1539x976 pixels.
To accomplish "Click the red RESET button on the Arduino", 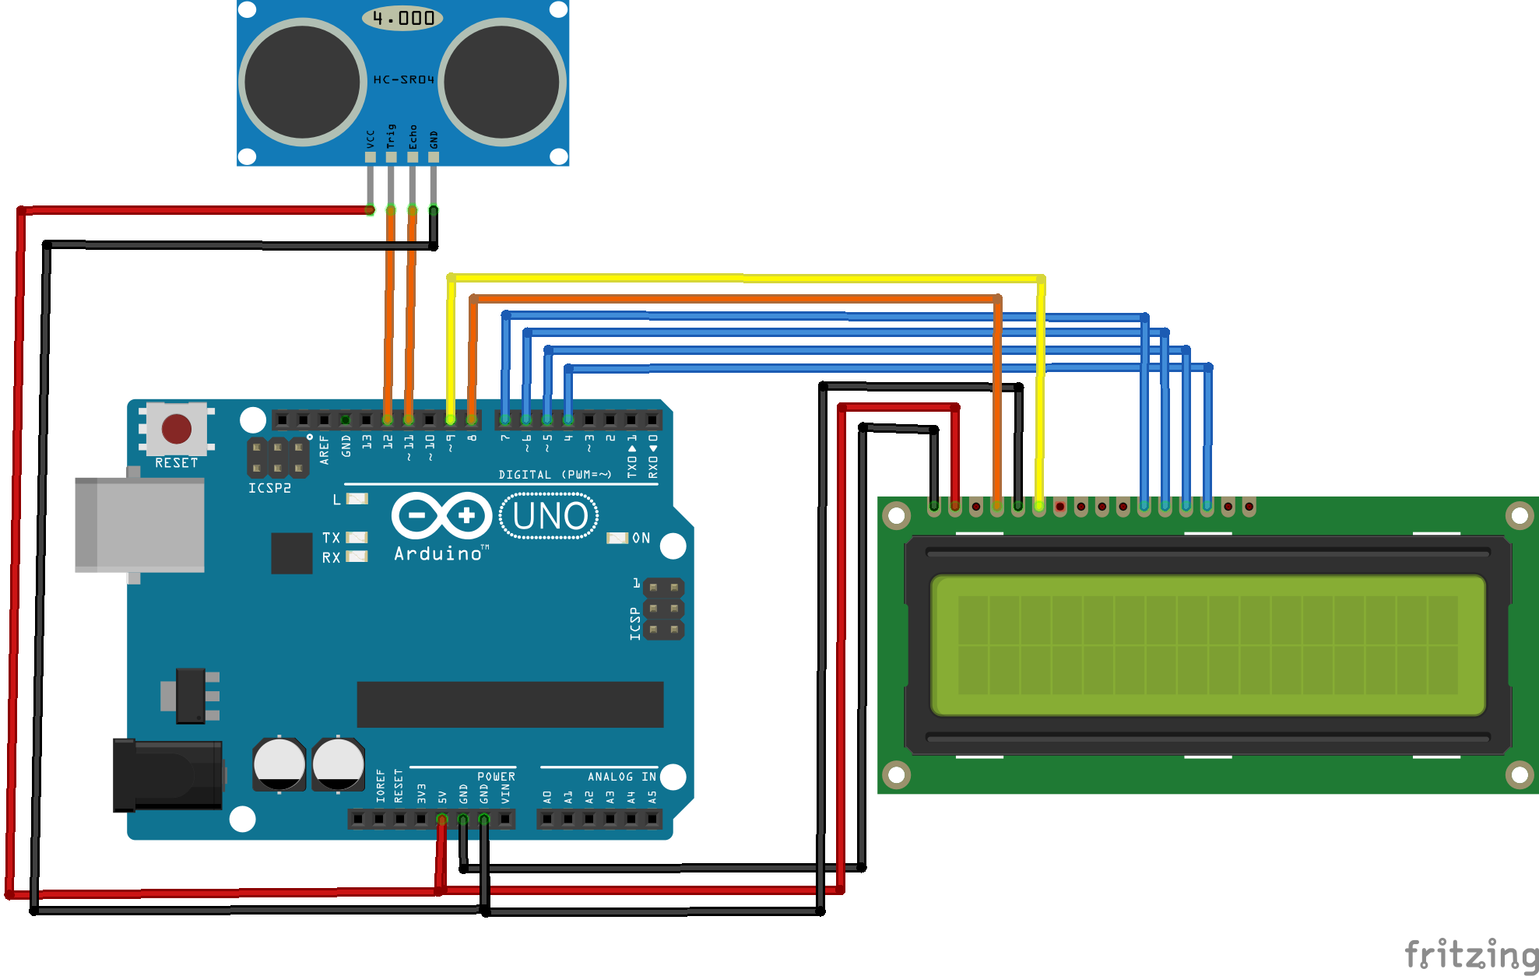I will [177, 429].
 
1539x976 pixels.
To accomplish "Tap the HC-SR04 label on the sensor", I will [403, 79].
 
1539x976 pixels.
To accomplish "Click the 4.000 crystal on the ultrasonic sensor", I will [402, 18].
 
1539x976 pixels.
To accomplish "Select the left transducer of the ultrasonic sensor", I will [303, 82].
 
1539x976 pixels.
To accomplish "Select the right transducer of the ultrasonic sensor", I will [502, 82].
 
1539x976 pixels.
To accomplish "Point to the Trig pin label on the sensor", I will [391, 136].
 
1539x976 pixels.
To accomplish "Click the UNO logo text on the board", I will [550, 516].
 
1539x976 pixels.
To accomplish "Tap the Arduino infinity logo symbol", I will [441, 515].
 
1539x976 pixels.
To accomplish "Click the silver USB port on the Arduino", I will [140, 525].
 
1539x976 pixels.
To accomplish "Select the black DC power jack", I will [168, 775].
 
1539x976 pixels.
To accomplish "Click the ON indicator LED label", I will [641, 538].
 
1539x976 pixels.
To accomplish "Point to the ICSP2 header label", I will [269, 488].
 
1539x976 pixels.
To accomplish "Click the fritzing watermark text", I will [1470, 954].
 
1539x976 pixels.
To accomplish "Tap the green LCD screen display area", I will [1207, 645].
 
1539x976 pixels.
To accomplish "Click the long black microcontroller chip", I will [510, 704].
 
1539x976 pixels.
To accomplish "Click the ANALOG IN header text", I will [621, 777].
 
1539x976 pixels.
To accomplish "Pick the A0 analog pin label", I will [547, 797].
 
